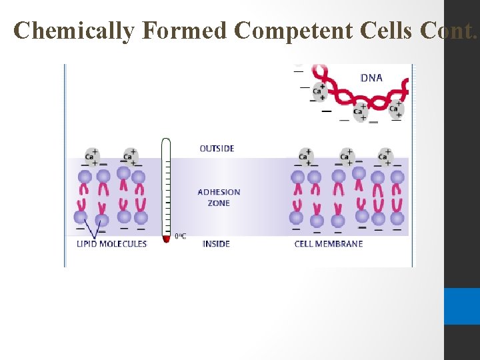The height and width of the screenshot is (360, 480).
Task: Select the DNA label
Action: (371, 78)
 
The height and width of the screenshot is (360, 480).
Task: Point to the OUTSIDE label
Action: (217, 148)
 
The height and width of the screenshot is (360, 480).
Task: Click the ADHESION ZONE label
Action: (219, 197)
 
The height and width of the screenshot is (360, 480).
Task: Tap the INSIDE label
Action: (216, 244)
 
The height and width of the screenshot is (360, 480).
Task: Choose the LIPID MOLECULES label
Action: (111, 244)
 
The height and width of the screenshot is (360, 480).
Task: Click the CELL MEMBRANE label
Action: (329, 244)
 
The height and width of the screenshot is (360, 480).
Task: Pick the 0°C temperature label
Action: (180, 236)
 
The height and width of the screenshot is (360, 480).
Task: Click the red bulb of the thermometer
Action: (166, 238)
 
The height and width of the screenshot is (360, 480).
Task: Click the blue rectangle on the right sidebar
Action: (461, 306)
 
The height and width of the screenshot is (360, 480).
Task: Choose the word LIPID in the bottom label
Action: (87, 244)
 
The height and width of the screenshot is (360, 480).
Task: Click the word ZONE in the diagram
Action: (219, 203)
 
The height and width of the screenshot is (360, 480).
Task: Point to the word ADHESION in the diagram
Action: (219, 192)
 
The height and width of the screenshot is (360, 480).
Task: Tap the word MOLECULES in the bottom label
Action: (123, 244)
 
